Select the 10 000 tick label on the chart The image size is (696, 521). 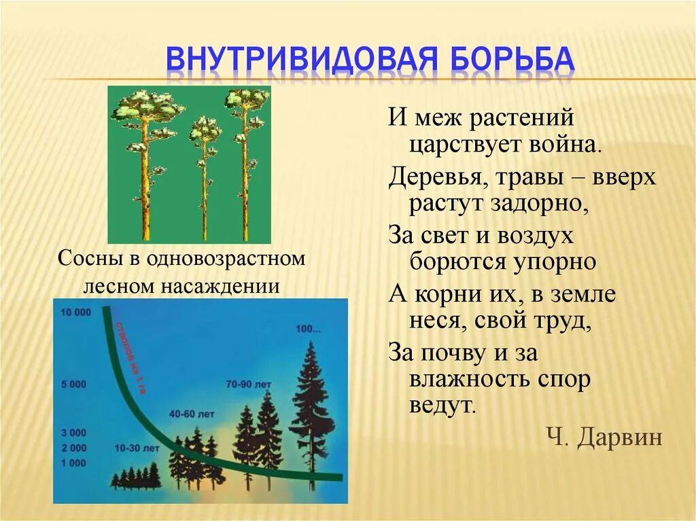75,313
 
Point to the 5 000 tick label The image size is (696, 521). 73,384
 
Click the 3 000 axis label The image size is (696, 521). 73,432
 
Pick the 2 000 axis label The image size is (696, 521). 73,448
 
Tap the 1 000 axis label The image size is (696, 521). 73,463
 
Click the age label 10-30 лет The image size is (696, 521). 137,449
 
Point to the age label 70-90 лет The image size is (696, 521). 249,384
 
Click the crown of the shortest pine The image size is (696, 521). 204,129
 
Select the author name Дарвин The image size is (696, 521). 619,437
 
